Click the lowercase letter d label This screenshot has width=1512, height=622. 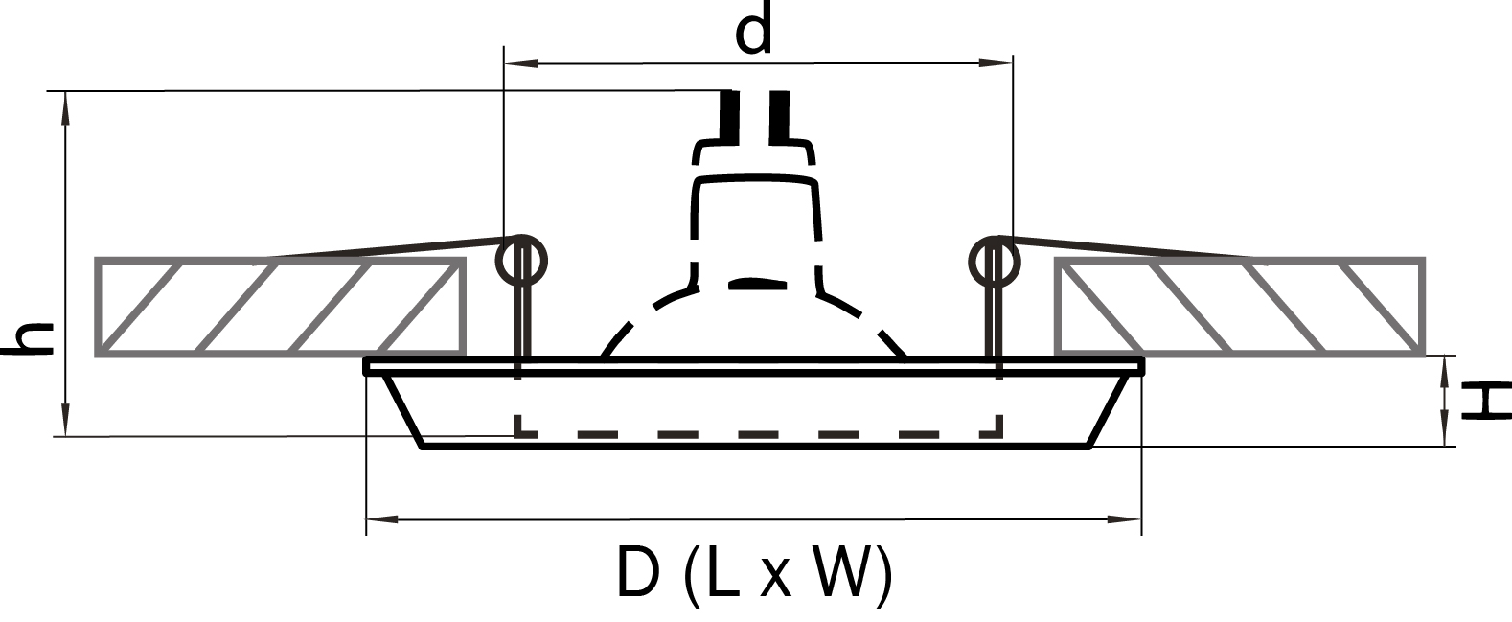pyautogui.click(x=754, y=32)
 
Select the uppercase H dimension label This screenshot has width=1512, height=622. pyautogui.click(x=1485, y=401)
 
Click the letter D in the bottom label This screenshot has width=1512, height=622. pyautogui.click(x=639, y=573)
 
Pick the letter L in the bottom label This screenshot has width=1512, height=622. pyautogui.click(x=721, y=573)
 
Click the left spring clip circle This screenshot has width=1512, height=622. pyautogui.click(x=523, y=260)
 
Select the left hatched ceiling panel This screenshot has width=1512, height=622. pyautogui.click(x=281, y=308)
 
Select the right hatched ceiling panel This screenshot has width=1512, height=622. pyautogui.click(x=1238, y=308)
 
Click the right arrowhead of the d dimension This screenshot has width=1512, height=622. pyautogui.click(x=997, y=63)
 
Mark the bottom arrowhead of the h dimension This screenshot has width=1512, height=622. pyautogui.click(x=65, y=422)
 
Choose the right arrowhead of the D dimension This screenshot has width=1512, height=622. pyautogui.click(x=1125, y=519)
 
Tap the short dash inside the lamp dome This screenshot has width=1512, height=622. pyautogui.click(x=757, y=284)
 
